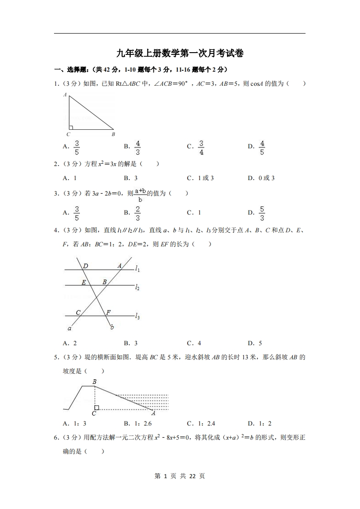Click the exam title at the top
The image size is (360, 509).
(x=180, y=54)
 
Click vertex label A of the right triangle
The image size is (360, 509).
(x=65, y=95)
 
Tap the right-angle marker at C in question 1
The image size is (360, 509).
(x=71, y=128)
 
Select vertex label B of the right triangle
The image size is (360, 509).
(x=113, y=134)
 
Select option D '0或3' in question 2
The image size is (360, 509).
(x=261, y=178)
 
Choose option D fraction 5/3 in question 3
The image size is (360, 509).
(x=262, y=213)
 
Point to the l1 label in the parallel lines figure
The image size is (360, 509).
(x=138, y=269)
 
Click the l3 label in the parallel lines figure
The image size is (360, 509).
(x=138, y=316)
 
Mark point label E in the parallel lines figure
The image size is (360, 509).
(x=84, y=282)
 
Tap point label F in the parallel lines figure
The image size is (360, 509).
(x=108, y=312)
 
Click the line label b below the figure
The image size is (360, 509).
(x=112, y=327)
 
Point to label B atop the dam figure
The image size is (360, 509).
(x=94, y=382)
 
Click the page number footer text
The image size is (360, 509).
(x=180, y=476)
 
